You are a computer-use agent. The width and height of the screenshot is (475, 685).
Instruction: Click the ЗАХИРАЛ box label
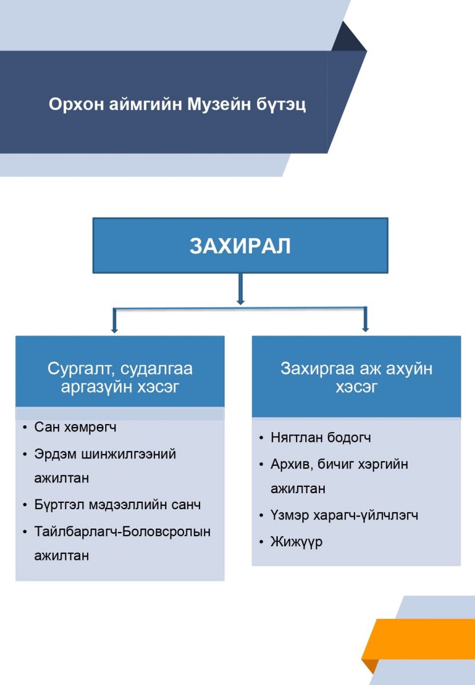pyautogui.click(x=240, y=246)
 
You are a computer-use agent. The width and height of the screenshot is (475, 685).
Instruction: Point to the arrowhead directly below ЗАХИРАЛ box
pyautogui.click(x=241, y=301)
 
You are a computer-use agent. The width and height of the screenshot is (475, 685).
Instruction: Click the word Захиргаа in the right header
pyautogui.click(x=318, y=369)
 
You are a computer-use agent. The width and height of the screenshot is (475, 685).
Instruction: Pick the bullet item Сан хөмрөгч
pyautogui.click(x=75, y=427)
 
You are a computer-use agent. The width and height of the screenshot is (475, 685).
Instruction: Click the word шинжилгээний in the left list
pyautogui.click(x=129, y=454)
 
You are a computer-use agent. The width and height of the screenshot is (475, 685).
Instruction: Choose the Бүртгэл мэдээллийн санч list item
pyautogui.click(x=118, y=505)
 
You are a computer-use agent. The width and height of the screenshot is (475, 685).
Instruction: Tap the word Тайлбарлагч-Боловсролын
pyautogui.click(x=122, y=531)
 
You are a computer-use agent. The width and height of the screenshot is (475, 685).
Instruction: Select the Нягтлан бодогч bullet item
pyautogui.click(x=321, y=438)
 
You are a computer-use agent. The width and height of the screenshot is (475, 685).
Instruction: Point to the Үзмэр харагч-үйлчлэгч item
pyautogui.click(x=344, y=515)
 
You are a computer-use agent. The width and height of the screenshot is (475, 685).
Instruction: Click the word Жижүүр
pyautogui.click(x=297, y=542)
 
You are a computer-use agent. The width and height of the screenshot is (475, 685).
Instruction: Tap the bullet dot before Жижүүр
pyautogui.click(x=261, y=542)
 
